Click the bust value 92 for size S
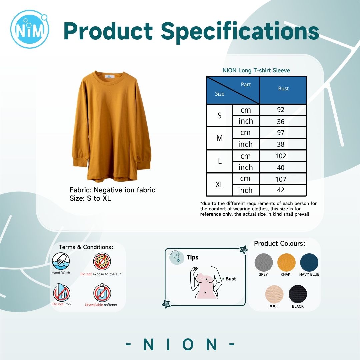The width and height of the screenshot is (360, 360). pos(281,110)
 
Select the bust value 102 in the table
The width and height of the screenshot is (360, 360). pos(281,156)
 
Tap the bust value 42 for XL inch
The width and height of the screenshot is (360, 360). pos(281,190)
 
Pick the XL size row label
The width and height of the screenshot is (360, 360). pos(219,185)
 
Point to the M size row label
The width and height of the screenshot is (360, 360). pos(219,138)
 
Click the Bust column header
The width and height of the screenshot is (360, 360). pos(283,88)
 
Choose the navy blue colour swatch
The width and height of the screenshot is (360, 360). pos(309,262)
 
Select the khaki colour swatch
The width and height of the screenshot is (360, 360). pos(286,262)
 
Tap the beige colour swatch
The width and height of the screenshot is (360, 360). pos(274,294)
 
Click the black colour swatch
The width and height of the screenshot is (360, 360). pos(298,294)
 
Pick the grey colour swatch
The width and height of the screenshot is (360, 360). pos(264,262)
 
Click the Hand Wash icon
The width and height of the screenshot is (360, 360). pos(61,261)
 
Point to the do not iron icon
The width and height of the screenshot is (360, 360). pos(62,293)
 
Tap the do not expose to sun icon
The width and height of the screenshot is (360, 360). pos(102,262)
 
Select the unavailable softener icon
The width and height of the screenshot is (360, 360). pos(102,293)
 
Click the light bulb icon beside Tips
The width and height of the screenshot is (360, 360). pos(176,257)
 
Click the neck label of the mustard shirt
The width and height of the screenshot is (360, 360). pos(110,77)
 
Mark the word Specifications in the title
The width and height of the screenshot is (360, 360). pos(240,32)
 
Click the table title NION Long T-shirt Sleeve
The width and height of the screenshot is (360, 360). pos(256,70)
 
